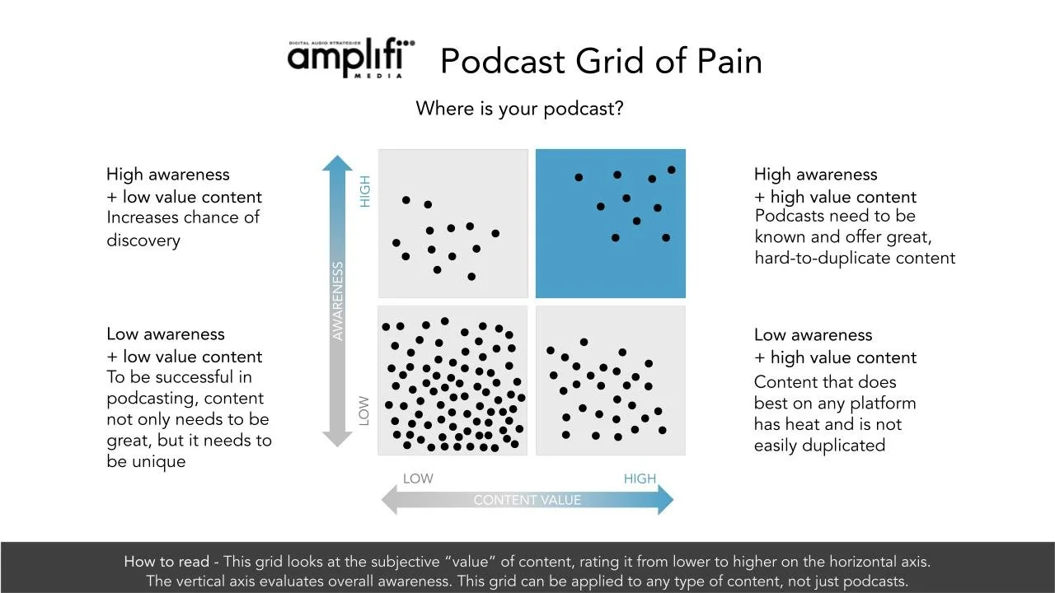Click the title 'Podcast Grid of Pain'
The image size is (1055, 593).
pyautogui.click(x=601, y=62)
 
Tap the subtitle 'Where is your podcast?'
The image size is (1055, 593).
pyautogui.click(x=519, y=109)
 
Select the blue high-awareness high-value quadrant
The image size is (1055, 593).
pyautogui.click(x=610, y=223)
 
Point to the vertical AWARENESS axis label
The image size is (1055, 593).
pyautogui.click(x=337, y=301)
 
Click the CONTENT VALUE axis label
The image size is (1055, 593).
pyautogui.click(x=527, y=500)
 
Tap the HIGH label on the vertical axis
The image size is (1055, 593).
pyautogui.click(x=365, y=191)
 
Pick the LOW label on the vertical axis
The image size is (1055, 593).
pyautogui.click(x=365, y=410)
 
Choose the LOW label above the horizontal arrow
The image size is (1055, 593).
pyautogui.click(x=418, y=479)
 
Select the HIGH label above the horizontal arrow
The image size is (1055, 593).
pyautogui.click(x=640, y=479)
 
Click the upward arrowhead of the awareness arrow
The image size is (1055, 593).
pyautogui.click(x=336, y=163)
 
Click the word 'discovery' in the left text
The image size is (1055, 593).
pyautogui.click(x=143, y=240)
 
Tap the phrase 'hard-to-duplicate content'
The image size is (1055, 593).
pyautogui.click(x=855, y=258)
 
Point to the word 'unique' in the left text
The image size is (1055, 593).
pyautogui.click(x=158, y=461)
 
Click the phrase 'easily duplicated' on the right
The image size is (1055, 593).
pyautogui.click(x=819, y=446)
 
